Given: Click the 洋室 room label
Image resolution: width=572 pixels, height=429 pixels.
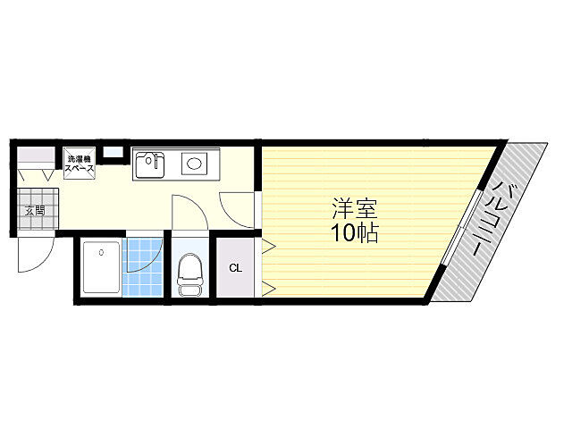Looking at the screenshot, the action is click(354, 208).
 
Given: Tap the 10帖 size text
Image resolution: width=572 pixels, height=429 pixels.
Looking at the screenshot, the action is click(354, 232).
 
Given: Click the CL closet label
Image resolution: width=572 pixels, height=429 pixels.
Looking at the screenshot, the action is click(235, 268).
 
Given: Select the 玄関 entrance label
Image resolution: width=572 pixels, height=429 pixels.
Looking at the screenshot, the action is click(35, 211).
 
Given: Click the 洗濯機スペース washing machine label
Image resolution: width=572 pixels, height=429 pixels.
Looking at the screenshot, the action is click(80, 164).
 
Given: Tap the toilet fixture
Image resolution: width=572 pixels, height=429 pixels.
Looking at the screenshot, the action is click(189, 274).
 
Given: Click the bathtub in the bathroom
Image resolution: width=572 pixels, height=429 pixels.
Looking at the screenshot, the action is click(102, 267).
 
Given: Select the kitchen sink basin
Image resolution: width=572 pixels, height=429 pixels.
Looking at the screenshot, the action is click(150, 164).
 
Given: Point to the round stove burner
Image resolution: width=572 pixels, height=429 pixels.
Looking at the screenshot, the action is click(194, 163).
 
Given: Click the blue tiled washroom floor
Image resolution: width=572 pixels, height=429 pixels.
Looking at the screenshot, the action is click(142, 267).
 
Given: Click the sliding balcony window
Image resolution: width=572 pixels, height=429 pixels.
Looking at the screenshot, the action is click(462, 226).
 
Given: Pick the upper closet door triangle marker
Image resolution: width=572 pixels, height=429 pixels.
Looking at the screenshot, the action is click(269, 246).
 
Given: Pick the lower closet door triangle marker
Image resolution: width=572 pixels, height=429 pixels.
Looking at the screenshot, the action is click(269, 288).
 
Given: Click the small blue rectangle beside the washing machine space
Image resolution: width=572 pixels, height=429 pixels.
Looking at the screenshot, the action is click(114, 152).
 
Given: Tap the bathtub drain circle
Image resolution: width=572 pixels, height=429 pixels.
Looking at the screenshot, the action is click(101, 252).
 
